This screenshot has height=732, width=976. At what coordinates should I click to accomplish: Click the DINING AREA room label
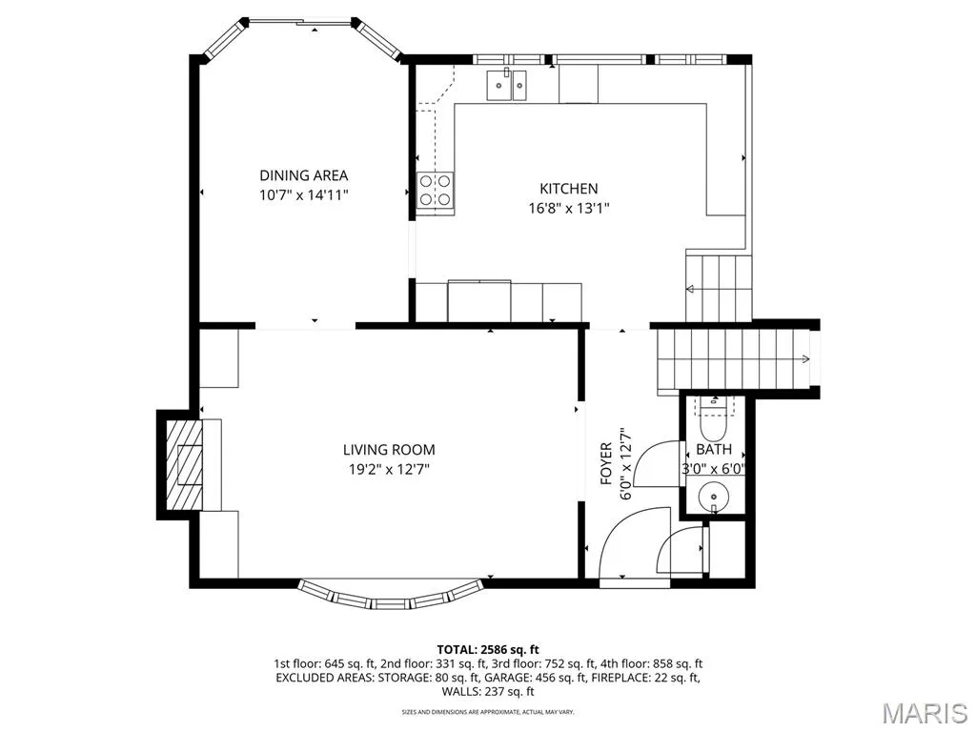304,175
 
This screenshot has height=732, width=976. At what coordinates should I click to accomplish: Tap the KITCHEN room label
568,189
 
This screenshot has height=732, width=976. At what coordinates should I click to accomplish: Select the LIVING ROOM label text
389,450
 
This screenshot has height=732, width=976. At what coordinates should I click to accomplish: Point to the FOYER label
606,464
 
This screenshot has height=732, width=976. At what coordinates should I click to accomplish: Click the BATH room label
714,450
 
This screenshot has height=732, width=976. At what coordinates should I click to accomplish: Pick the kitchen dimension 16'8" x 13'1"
568,208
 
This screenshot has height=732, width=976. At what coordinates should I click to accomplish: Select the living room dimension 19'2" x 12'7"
389,469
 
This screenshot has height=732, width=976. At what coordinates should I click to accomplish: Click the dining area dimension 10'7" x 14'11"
304,194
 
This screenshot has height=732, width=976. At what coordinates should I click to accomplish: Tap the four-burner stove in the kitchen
435,190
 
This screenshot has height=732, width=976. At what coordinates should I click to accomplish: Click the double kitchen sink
507,85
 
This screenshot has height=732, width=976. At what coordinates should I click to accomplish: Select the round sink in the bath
713,497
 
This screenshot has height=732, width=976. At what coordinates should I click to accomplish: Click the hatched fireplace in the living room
184,464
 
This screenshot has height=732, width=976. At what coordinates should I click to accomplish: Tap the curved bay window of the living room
390,596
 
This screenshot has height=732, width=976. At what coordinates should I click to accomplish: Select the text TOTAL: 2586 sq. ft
488,650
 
